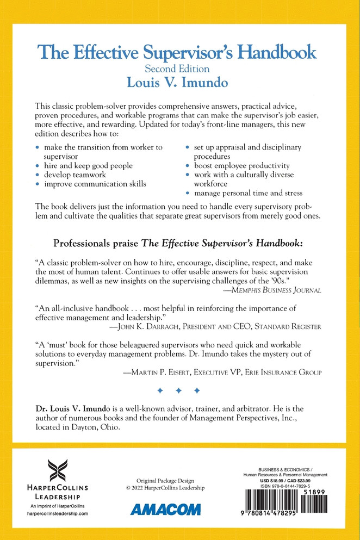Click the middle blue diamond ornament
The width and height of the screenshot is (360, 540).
(x=178, y=390)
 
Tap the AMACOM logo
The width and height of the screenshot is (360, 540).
(x=166, y=509)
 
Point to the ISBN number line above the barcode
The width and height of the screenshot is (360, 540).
(x=285, y=486)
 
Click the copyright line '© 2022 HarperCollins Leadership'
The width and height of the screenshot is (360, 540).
(x=165, y=487)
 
